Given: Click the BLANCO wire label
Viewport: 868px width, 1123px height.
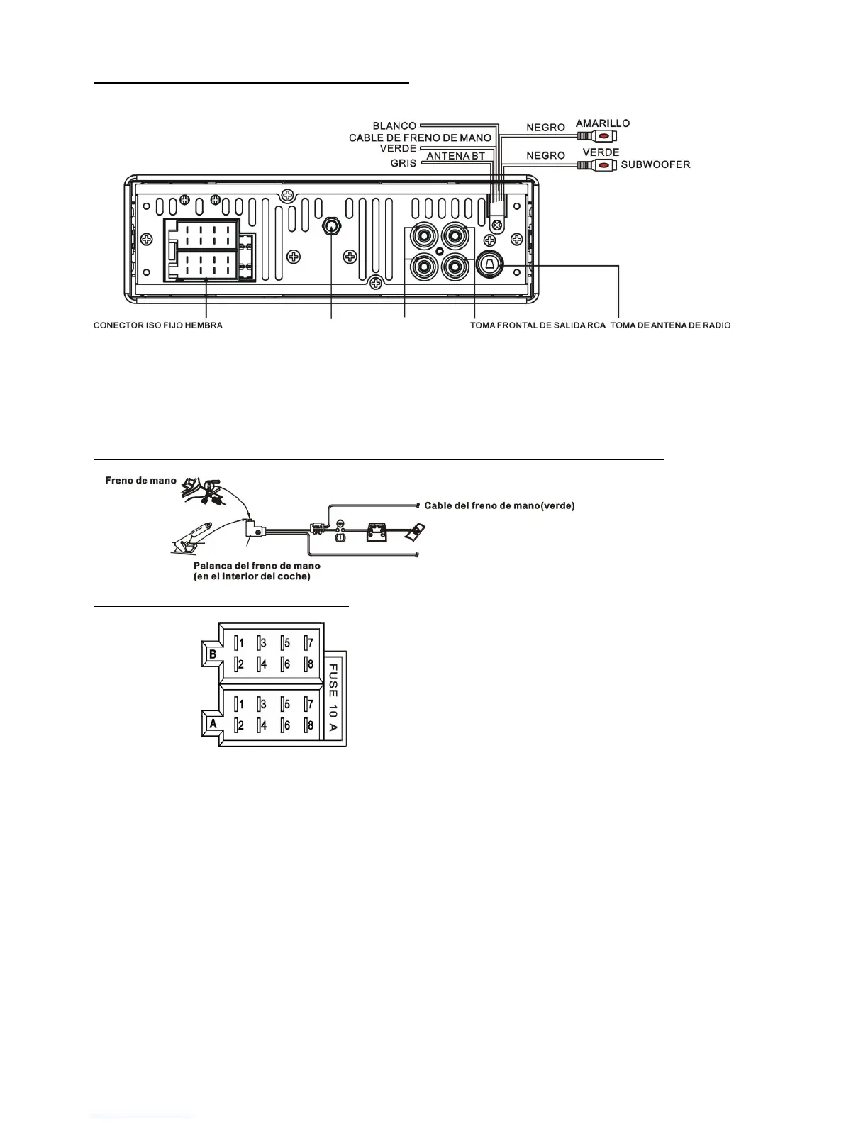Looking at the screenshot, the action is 394,126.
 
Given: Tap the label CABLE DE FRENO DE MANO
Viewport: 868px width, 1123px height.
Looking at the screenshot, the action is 420,138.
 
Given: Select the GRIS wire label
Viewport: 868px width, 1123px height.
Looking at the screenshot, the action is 403,163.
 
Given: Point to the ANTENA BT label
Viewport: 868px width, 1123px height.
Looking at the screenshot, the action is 455,156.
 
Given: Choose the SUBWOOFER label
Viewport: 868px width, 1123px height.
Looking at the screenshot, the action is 655,164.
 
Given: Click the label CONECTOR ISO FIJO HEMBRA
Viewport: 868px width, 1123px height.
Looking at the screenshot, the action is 158,325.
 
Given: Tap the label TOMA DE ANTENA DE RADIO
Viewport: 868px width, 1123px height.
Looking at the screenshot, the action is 670,325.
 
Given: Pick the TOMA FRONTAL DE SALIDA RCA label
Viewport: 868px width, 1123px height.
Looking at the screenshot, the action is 538,325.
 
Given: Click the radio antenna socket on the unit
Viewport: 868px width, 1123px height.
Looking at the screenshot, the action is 489,264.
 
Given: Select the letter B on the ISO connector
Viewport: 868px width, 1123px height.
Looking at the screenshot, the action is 213,654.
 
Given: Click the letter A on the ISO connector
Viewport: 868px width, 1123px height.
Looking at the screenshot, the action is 213,724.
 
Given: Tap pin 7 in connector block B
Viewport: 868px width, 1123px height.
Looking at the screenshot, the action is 308,644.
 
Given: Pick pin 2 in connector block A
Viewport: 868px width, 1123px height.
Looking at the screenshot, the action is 240,725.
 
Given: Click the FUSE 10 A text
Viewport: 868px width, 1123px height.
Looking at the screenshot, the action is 333,698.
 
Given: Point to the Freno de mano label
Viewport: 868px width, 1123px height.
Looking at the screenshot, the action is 140,481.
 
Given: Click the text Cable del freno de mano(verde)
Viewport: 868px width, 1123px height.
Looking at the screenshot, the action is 499,505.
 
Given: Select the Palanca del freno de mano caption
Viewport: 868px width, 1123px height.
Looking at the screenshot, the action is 257,566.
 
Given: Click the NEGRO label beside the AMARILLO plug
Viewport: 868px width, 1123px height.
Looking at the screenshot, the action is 545,128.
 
